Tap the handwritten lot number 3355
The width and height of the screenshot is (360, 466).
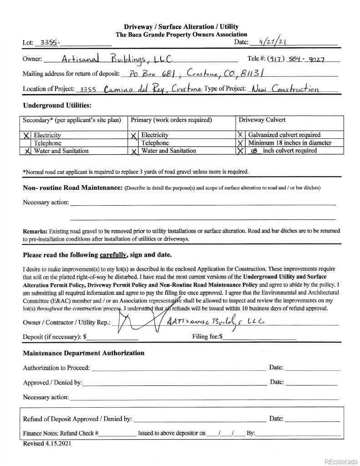pos(49,42)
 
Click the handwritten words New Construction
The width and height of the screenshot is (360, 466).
pos(285,89)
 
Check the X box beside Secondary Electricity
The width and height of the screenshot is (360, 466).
pos(26,135)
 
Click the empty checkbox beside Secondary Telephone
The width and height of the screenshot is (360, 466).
pos(26,143)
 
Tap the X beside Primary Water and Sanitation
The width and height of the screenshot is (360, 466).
pos(134,151)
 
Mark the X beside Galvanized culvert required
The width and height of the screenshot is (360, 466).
pos(240,135)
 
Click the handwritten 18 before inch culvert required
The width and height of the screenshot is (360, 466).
pos(254,151)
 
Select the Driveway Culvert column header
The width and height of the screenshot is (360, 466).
pos(262,120)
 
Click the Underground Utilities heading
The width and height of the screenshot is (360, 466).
pos(57,106)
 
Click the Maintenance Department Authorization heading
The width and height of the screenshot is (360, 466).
pos(84,353)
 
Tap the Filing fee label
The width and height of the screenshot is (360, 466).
pos(207,337)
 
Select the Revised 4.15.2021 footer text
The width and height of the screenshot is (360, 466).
pos(47,443)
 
